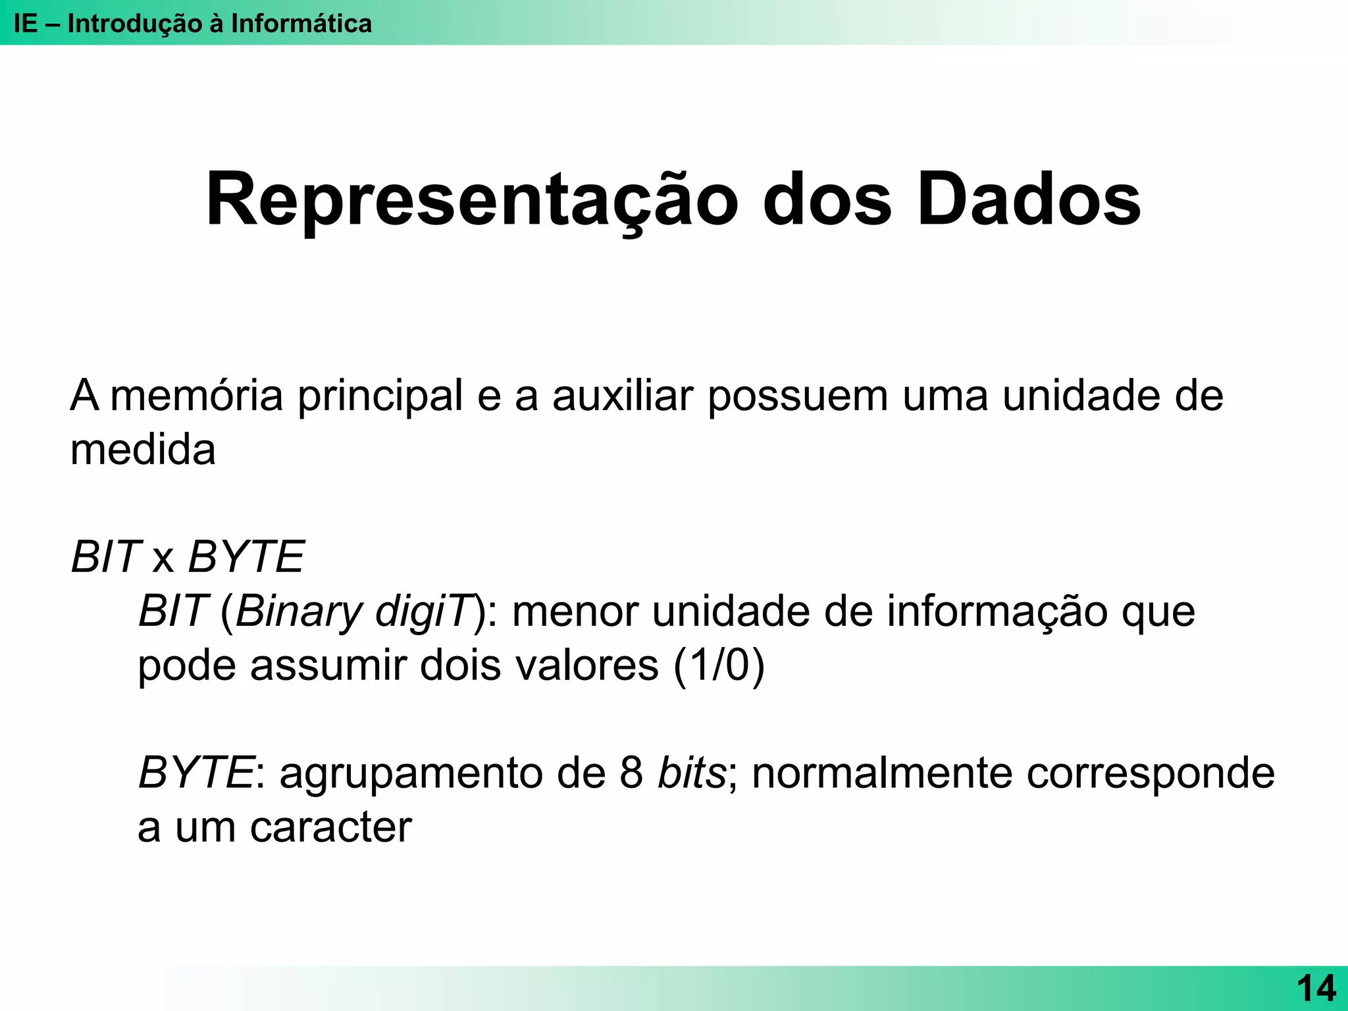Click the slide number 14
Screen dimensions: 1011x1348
pos(1316,989)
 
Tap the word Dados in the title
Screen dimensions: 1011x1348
pos(1029,200)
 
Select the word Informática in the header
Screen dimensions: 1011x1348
pos(301,24)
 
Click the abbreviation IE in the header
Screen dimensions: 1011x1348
pos(26,24)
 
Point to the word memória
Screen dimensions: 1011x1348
pos(196,396)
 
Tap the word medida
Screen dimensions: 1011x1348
pos(143,450)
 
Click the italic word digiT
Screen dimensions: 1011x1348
pos(425,612)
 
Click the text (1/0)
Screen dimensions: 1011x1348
pos(719,665)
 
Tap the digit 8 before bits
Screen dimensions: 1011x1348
pos(631,773)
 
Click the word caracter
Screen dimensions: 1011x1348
pos(331,827)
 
